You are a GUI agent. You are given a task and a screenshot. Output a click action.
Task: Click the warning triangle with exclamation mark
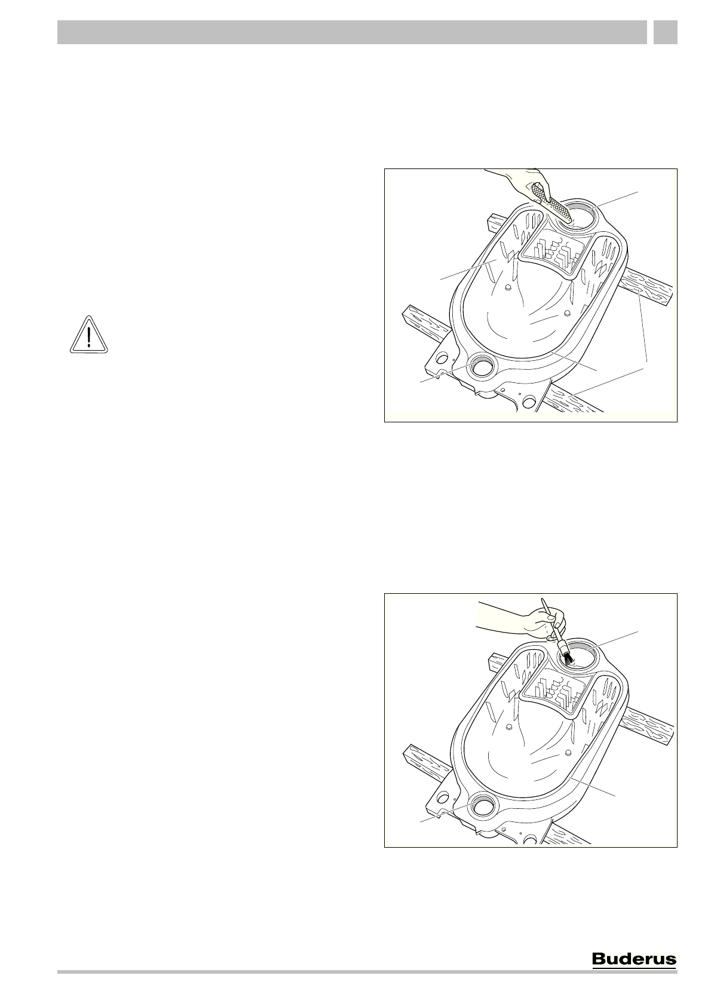pyautogui.click(x=88, y=335)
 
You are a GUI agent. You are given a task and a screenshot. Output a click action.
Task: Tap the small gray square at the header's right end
pyautogui.click(x=665, y=32)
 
